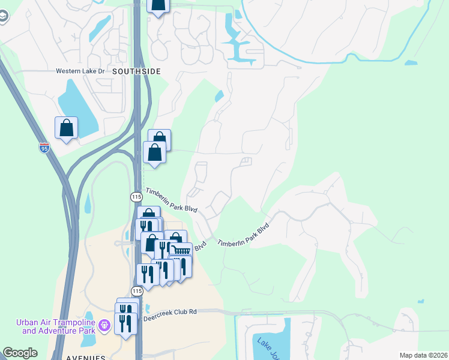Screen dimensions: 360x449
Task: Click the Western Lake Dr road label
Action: click(x=80, y=71)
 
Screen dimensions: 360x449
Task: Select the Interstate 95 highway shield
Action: click(x=44, y=148)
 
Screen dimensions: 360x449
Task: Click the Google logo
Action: click(x=20, y=353)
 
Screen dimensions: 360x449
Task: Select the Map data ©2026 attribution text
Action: click(x=423, y=355)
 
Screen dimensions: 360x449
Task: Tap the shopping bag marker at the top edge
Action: click(x=158, y=5)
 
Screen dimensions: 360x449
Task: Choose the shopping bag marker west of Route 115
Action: click(x=66, y=128)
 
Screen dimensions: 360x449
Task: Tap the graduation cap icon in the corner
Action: click(x=4, y=16)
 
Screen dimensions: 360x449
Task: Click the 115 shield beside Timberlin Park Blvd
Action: click(x=136, y=197)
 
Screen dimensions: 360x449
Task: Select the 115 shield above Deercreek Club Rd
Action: click(x=137, y=291)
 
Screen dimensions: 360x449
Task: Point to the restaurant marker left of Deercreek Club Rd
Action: click(x=124, y=325)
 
